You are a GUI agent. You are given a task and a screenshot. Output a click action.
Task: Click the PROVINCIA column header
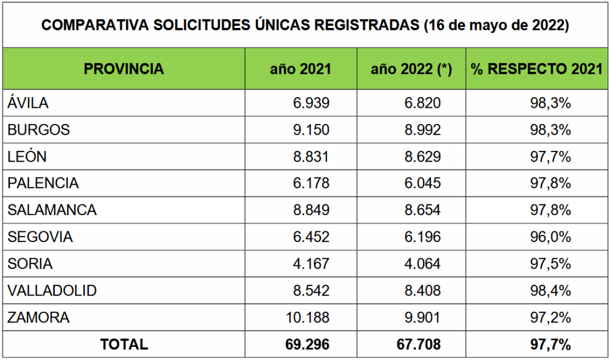tap(124, 69)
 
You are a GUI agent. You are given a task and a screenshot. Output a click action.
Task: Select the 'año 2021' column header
tap(301, 69)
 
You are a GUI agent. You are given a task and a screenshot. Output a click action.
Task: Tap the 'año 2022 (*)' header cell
tap(411, 69)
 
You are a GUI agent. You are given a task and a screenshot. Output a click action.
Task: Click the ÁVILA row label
tap(28, 103)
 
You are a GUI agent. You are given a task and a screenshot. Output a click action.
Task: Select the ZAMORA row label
tap(39, 318)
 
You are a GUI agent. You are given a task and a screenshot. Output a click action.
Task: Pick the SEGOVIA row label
tap(41, 237)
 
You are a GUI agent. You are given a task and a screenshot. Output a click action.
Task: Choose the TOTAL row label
tap(124, 345)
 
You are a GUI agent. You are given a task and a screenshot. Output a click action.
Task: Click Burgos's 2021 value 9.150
tap(311, 130)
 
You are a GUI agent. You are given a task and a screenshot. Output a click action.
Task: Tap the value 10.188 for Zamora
tap(307, 318)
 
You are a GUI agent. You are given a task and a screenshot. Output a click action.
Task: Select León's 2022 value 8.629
tap(422, 157)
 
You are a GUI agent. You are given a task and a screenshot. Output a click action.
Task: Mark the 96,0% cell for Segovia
tap(550, 237)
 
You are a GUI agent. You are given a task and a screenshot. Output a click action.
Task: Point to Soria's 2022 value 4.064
tap(422, 264)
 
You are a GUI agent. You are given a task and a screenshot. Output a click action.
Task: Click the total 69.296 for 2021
tap(307, 345)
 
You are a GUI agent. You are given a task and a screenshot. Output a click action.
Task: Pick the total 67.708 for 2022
tap(419, 345)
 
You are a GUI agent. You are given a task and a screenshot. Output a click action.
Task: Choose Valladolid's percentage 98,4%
tap(550, 291)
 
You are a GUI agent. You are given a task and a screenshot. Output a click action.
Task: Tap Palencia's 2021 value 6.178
tap(311, 184)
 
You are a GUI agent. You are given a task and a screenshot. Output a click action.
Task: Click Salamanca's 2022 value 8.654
tap(422, 210)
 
